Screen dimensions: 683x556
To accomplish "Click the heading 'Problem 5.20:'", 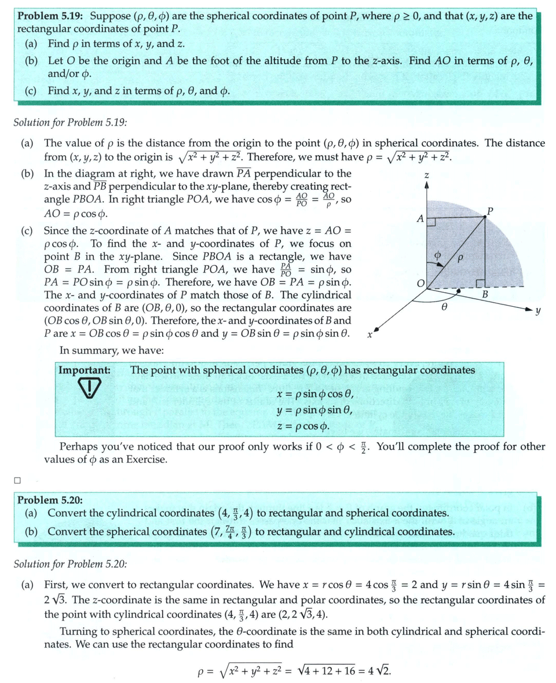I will click(51, 500).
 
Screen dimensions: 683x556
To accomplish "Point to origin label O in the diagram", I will click(421, 282).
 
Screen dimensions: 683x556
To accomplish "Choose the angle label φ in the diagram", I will click(438, 255).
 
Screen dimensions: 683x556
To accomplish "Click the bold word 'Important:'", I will click(84, 370).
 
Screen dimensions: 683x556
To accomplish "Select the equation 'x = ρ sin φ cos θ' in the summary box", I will click(314, 395).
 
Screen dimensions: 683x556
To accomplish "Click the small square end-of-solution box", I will click(17, 479).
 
